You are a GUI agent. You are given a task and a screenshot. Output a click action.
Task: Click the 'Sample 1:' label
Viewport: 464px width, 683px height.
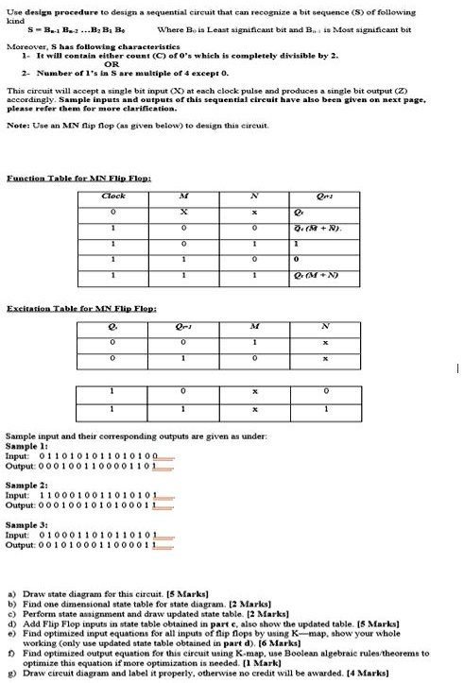pos(23,445)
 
